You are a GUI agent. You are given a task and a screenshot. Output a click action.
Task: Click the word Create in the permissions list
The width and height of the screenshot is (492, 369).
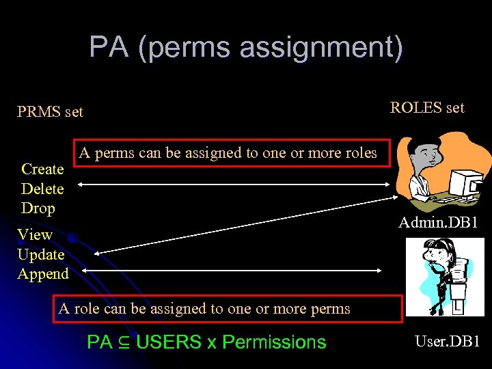tap(42, 169)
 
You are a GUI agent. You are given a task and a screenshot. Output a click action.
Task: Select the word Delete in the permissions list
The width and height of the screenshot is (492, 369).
tap(42, 189)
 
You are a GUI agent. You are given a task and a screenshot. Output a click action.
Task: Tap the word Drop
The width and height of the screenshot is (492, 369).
tap(38, 208)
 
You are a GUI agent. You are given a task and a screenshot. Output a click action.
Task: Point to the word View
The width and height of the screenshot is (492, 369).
tap(35, 234)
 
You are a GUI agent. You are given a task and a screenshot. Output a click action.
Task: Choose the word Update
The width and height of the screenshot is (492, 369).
tap(41, 254)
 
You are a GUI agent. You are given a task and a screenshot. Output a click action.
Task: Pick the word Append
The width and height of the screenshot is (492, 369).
tap(43, 274)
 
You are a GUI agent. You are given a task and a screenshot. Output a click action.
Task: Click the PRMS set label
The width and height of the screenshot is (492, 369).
tap(50, 111)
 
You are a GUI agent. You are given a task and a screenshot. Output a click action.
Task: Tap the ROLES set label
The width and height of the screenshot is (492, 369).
tap(426, 107)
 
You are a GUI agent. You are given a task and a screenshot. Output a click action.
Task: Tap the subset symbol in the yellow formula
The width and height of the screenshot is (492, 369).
tap(124, 342)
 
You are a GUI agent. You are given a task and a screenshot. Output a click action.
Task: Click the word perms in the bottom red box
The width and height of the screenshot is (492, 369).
tap(330, 308)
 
